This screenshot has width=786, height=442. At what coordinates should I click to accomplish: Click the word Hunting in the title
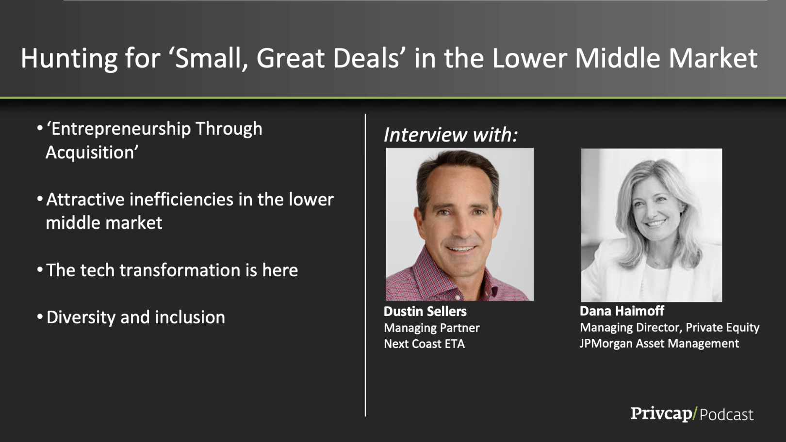(x=69, y=59)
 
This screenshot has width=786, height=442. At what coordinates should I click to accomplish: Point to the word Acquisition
(x=92, y=153)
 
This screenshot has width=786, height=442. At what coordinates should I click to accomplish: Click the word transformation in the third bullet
(x=180, y=270)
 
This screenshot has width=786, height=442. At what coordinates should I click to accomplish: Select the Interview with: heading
(x=451, y=135)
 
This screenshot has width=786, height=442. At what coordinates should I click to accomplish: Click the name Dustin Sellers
(x=425, y=311)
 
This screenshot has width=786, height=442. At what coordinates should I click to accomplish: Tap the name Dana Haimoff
(x=622, y=311)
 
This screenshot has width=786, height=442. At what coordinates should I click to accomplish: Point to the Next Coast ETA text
(x=424, y=344)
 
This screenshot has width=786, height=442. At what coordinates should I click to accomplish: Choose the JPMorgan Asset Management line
(x=659, y=344)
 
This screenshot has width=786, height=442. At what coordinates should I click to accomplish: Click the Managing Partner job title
(x=432, y=328)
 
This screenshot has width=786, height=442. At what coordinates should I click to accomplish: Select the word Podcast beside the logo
(x=726, y=415)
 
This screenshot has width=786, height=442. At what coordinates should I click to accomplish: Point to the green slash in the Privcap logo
(x=695, y=413)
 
